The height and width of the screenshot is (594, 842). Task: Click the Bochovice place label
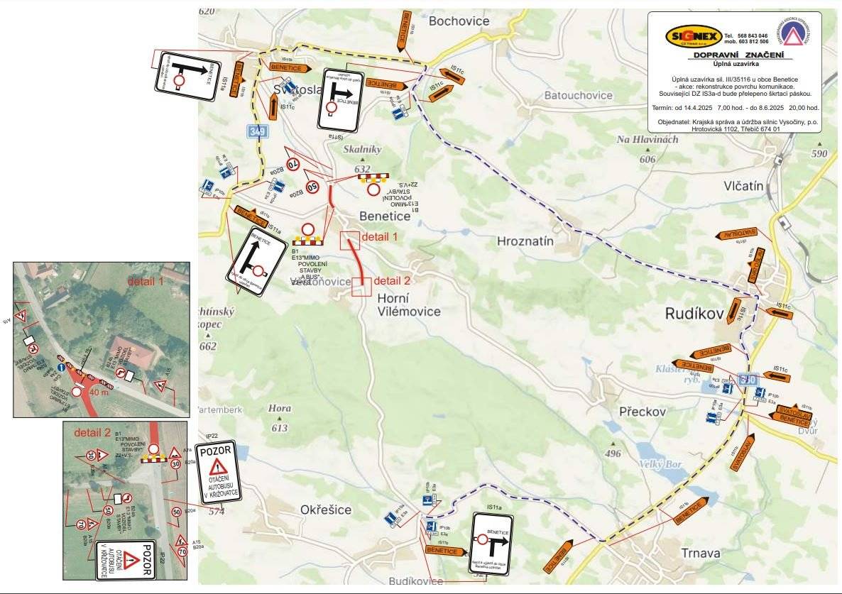[x=459, y=21]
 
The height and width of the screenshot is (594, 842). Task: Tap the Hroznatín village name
[x=525, y=241]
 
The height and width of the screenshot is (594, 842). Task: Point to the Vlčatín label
[x=743, y=186]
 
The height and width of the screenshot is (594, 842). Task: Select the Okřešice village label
[x=326, y=510]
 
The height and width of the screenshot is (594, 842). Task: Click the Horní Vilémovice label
[x=408, y=304]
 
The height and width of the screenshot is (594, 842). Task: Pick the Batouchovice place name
[x=578, y=95]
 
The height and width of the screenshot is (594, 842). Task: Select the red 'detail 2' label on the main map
[x=392, y=279]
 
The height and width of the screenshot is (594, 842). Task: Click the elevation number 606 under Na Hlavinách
[x=647, y=160]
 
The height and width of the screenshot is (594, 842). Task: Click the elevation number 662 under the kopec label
[x=208, y=346]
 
